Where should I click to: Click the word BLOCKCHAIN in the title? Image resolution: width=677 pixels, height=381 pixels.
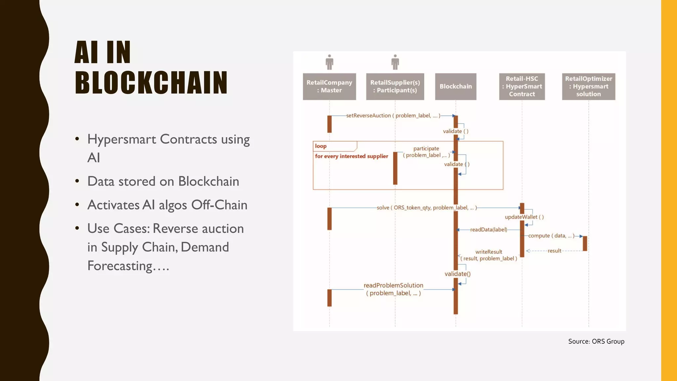coord(151,82)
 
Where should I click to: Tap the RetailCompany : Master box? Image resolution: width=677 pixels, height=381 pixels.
coord(329,86)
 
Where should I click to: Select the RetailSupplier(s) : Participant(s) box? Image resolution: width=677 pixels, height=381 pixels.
coord(395,86)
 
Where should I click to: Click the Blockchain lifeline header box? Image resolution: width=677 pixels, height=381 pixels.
coord(456,86)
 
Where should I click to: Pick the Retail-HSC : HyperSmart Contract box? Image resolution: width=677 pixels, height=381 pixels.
coord(522,86)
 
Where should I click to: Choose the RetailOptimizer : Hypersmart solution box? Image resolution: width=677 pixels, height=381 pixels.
coord(588,86)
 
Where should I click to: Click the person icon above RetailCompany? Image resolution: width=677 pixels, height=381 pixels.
coord(329,62)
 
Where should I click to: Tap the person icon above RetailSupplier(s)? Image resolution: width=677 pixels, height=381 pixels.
coord(395,62)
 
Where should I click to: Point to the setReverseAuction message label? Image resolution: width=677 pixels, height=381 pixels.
coord(393,115)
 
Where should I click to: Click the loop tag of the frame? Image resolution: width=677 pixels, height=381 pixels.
coord(321,146)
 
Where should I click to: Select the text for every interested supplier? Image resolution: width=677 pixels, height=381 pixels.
coord(351,156)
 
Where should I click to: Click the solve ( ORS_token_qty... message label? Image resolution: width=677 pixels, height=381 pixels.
coord(426,208)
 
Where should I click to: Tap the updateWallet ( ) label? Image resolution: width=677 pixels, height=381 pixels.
coord(524,217)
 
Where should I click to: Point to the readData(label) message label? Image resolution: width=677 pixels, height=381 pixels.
coord(489,230)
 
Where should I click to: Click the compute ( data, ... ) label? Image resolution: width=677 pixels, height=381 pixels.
coord(551,236)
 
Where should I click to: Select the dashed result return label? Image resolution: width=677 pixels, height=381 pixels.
coord(554,251)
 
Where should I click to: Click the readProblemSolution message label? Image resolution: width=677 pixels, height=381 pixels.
coord(393,285)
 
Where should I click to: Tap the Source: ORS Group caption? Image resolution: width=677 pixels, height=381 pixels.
coord(596,341)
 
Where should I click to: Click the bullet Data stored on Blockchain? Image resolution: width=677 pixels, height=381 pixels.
coord(163,181)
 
